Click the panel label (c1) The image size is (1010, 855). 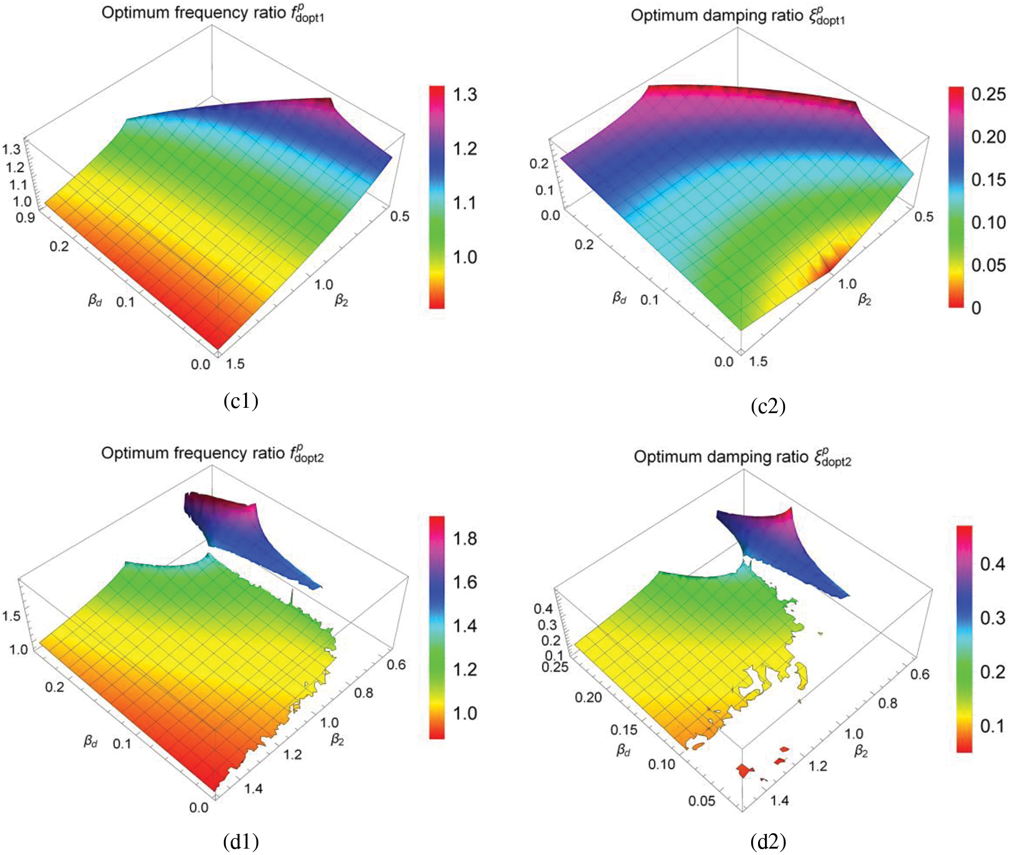pyautogui.click(x=241, y=401)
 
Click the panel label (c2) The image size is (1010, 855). pyautogui.click(x=768, y=406)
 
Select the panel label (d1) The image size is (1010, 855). pyautogui.click(x=241, y=841)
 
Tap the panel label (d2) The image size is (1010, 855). pyautogui.click(x=768, y=841)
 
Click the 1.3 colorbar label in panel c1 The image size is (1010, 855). pyautogui.click(x=465, y=95)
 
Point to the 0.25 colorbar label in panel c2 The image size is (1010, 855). pyautogui.click(x=988, y=94)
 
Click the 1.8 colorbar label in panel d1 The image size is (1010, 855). pyautogui.click(x=465, y=539)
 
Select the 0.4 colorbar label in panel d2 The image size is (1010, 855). pyautogui.click(x=992, y=564)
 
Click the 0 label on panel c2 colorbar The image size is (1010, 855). pyautogui.click(x=976, y=307)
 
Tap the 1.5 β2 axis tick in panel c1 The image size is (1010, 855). pyautogui.click(x=235, y=364)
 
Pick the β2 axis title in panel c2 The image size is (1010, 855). pyautogui.click(x=865, y=300)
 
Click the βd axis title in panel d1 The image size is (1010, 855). pyautogui.click(x=91, y=741)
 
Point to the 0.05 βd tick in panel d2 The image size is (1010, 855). pyautogui.click(x=701, y=801)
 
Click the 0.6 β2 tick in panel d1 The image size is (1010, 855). pyautogui.click(x=396, y=665)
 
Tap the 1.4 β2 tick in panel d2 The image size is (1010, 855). pyautogui.click(x=780, y=800)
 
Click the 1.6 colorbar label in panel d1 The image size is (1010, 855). pyautogui.click(x=465, y=582)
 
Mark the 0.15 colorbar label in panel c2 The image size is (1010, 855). pyautogui.click(x=988, y=180)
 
